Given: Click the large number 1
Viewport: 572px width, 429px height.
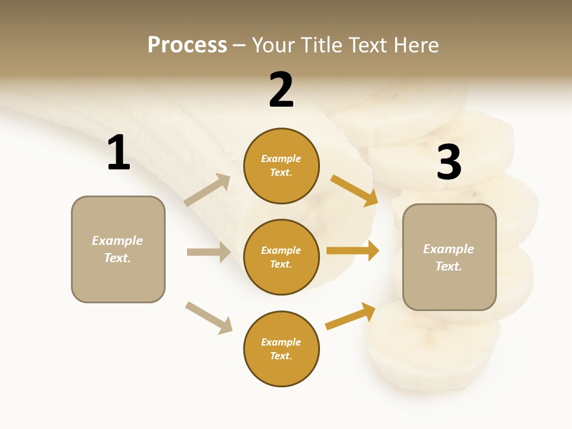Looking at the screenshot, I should (119, 153).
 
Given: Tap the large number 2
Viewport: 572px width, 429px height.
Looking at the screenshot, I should (281, 90).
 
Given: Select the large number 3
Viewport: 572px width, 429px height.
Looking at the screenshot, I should (449, 163).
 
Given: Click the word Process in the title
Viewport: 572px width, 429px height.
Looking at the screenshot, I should (187, 45).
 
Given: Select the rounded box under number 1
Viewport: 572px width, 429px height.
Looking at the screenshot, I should (118, 249).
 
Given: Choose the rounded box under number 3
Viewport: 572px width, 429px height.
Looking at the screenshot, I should (449, 257).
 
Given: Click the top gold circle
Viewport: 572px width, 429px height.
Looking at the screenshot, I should (281, 166).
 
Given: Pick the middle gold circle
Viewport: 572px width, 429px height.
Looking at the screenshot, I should (281, 257).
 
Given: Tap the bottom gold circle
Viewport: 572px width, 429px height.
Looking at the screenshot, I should (281, 349).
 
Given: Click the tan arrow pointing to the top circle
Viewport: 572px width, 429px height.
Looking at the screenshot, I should (207, 190).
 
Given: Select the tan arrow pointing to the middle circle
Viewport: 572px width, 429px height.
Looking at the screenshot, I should (209, 252).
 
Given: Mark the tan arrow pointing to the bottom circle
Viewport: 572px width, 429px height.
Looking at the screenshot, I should (209, 318).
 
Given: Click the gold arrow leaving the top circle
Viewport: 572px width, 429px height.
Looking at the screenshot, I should (354, 190).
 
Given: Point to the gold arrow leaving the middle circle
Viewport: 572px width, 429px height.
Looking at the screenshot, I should (353, 251).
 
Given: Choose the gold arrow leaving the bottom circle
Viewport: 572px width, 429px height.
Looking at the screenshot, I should (350, 316).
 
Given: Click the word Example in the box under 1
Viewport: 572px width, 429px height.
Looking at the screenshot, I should (117, 241).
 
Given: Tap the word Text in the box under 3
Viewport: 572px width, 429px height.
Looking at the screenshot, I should (448, 266).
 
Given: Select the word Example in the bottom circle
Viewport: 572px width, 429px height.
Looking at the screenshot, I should (281, 342).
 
